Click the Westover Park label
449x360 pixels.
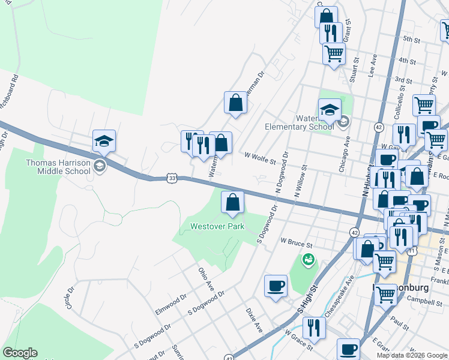(217, 227)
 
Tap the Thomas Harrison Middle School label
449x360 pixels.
(58, 167)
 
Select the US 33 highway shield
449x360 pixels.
(172, 178)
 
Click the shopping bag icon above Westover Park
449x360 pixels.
(232, 203)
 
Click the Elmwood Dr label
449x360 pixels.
(171, 307)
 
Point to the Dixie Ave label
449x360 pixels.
(254, 320)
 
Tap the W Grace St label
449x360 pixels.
(298, 340)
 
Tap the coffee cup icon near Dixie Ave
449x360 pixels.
(276, 286)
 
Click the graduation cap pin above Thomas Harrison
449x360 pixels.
(104, 141)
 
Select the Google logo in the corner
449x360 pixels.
(20, 353)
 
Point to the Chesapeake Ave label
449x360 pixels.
(342, 296)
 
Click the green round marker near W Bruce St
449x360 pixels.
(308, 260)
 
